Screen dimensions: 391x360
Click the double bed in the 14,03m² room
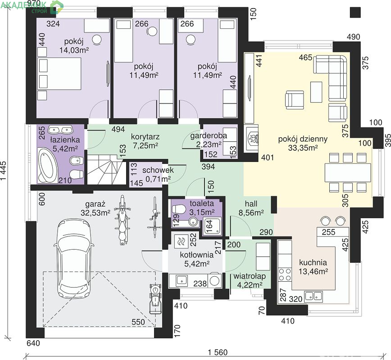(59, 73)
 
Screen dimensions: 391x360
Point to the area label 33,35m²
(303, 148)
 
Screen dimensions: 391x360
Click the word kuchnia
(313, 262)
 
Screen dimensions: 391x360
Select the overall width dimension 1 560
(218, 352)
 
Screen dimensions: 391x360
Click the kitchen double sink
(313, 296)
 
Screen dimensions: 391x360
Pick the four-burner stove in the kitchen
(285, 274)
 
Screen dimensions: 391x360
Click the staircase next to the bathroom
(105, 169)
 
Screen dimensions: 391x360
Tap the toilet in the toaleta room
(178, 209)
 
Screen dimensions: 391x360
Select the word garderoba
(209, 136)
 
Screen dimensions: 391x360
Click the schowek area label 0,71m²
(158, 179)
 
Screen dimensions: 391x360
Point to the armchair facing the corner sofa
(295, 100)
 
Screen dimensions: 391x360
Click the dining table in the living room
(348, 172)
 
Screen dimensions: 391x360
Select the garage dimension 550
(138, 322)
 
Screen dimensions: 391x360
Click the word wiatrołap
(250, 276)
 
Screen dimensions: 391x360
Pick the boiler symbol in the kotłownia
(181, 241)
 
